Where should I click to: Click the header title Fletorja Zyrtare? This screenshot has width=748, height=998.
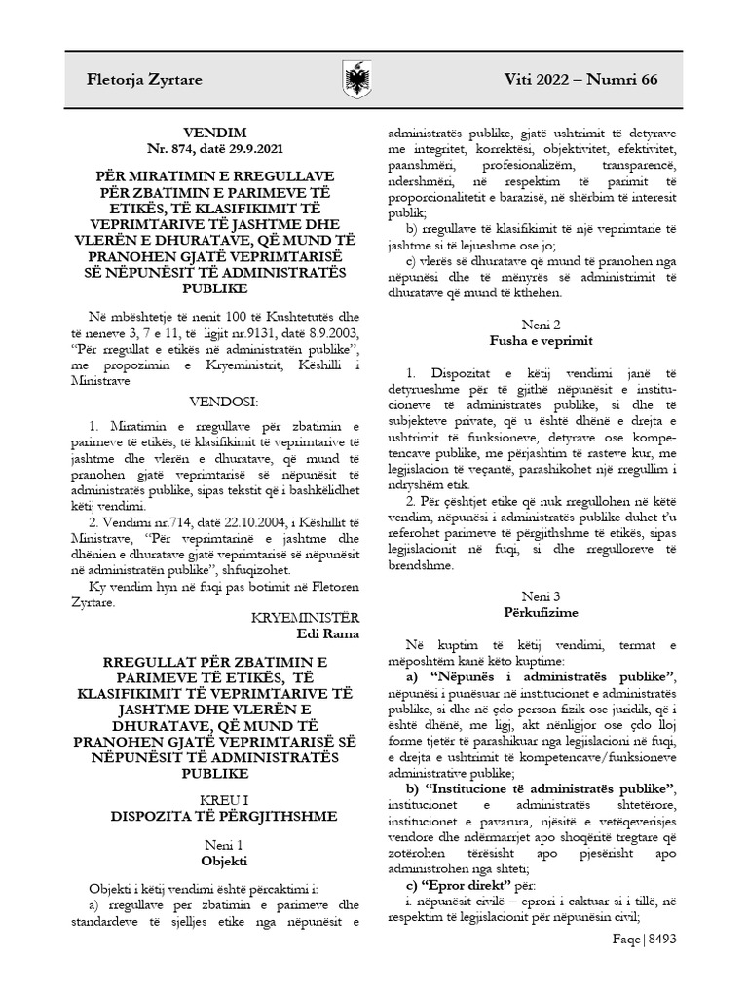[x=144, y=79]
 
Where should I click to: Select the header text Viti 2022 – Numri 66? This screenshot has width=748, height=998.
[x=580, y=79]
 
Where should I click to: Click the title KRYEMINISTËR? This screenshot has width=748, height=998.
[x=305, y=618]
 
